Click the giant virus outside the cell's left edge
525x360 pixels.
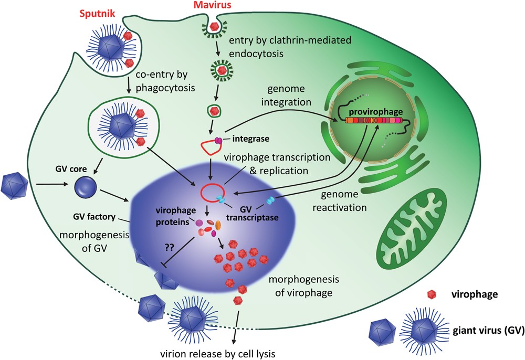(x=15, y=185)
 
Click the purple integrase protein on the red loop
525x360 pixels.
(x=217, y=141)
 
